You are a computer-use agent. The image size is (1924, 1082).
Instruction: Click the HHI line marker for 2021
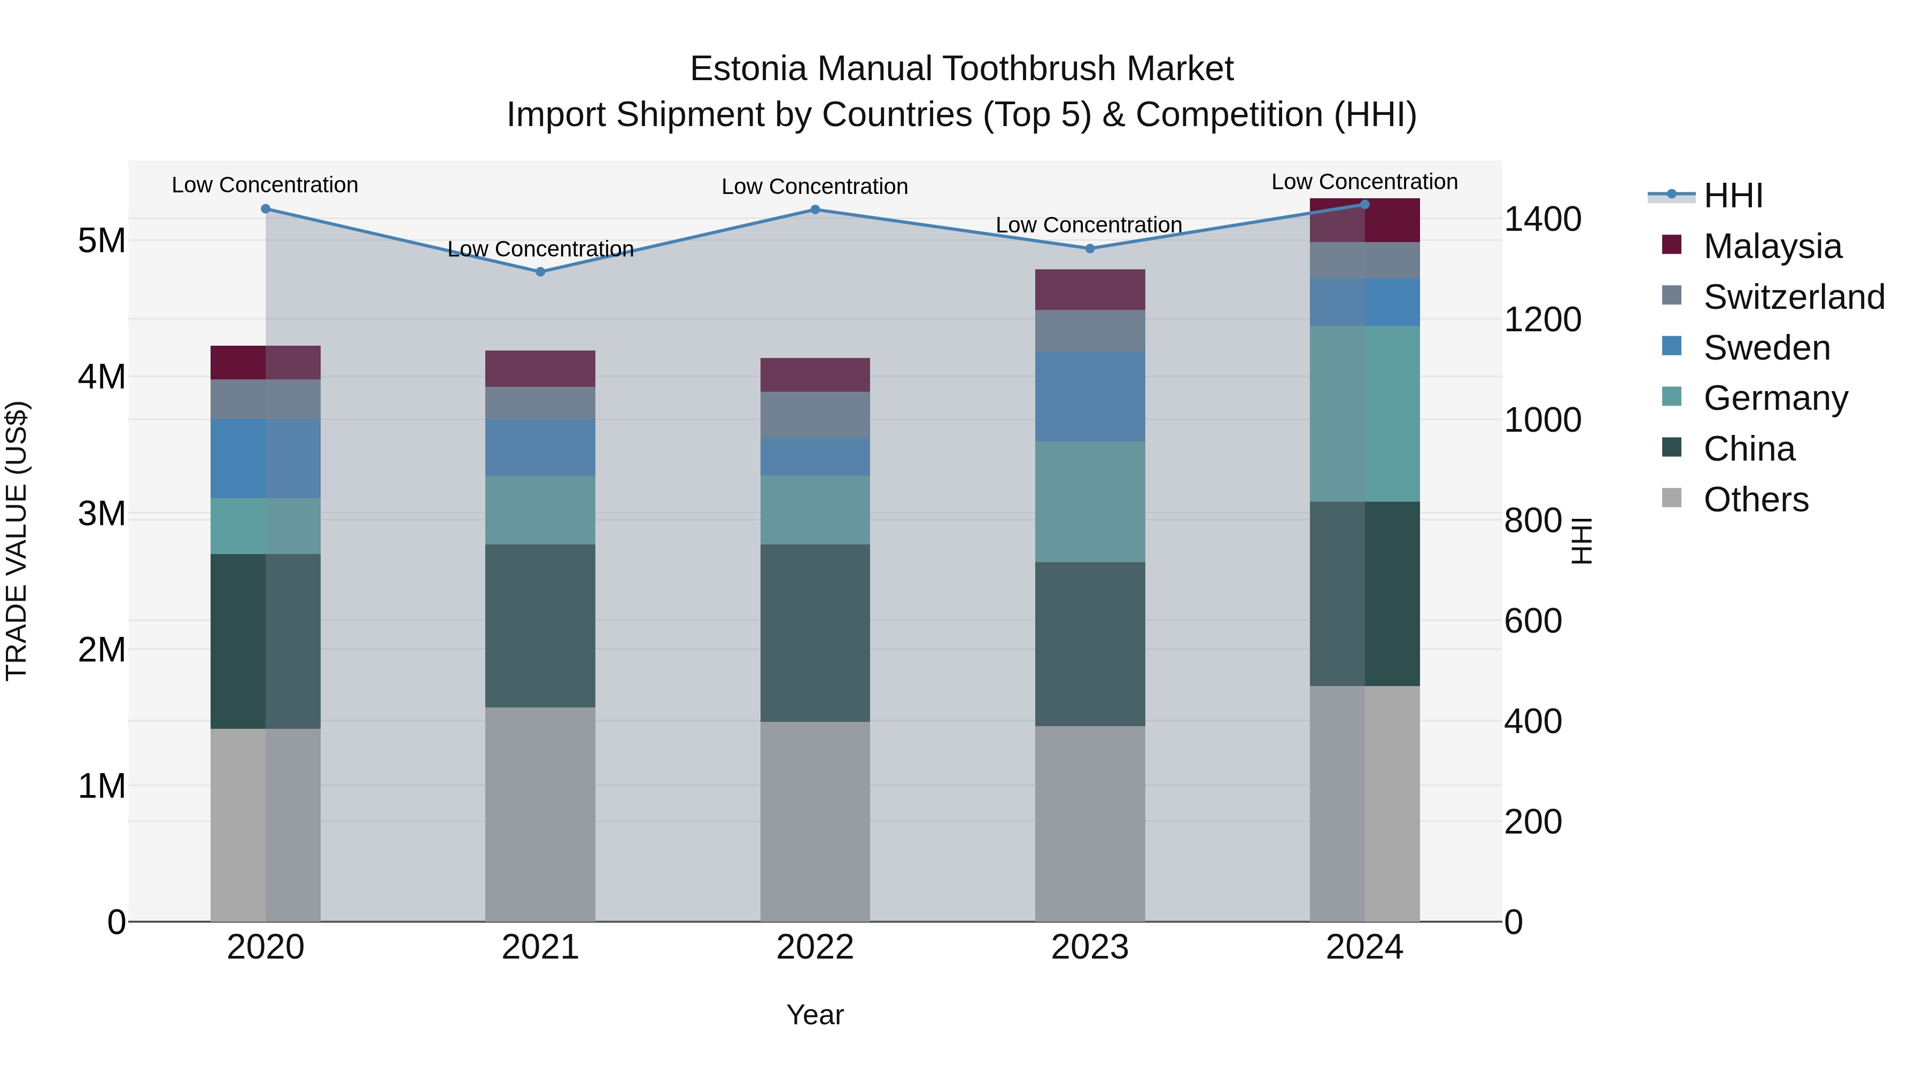(541, 272)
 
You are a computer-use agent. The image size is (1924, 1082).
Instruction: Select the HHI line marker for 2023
(1090, 248)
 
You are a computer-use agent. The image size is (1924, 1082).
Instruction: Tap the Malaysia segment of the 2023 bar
(1090, 290)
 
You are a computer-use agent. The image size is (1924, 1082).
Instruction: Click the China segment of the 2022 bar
(815, 633)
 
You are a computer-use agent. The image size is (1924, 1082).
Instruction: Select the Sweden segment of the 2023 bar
(1090, 396)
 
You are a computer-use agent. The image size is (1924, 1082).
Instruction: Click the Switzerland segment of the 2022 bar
(815, 415)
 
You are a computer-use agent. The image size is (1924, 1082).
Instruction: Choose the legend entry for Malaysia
(1772, 246)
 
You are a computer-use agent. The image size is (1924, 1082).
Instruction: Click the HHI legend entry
(1733, 196)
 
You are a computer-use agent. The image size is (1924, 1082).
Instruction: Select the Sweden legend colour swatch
(1672, 346)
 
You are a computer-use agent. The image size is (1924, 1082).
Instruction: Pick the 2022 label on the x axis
(815, 947)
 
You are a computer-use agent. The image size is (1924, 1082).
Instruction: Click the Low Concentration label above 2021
(541, 248)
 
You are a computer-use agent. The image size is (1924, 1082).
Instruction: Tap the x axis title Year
(815, 1015)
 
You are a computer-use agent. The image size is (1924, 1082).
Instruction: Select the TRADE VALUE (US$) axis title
(17, 541)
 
